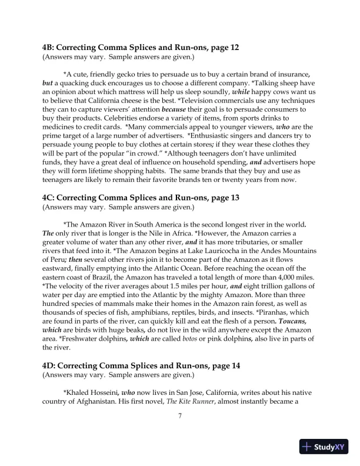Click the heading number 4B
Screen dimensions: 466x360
point(49,46)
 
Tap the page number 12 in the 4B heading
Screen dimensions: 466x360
point(234,46)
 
